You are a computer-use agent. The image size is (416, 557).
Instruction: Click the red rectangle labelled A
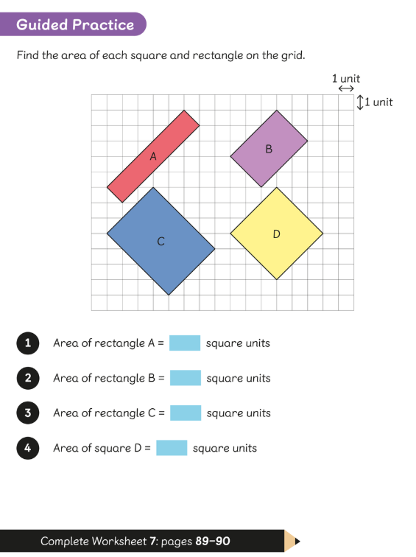(153, 156)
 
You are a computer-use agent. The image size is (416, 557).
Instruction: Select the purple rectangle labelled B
(269, 149)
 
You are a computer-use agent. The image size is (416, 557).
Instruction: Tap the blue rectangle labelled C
(161, 241)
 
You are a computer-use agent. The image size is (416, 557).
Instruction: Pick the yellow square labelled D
(277, 234)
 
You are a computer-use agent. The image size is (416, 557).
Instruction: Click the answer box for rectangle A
(185, 343)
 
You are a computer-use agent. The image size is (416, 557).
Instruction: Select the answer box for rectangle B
(186, 378)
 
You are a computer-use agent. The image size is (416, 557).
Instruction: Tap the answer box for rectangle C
(186, 413)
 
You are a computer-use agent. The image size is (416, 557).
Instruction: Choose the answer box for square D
(172, 448)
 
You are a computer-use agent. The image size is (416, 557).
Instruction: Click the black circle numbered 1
(28, 343)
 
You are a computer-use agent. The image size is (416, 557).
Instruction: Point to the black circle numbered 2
(28, 378)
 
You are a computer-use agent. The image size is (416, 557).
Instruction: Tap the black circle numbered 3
(28, 413)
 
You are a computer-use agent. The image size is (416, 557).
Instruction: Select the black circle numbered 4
(28, 448)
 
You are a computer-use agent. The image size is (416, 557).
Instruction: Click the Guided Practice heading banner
(73, 24)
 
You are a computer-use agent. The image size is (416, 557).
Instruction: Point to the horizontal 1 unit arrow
(346, 88)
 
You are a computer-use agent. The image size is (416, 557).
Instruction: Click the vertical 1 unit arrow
(360, 102)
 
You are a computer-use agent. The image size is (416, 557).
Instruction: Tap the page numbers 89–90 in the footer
(213, 541)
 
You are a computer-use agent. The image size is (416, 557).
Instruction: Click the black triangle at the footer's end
(297, 542)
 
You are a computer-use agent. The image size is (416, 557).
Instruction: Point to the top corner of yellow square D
(277, 187)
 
